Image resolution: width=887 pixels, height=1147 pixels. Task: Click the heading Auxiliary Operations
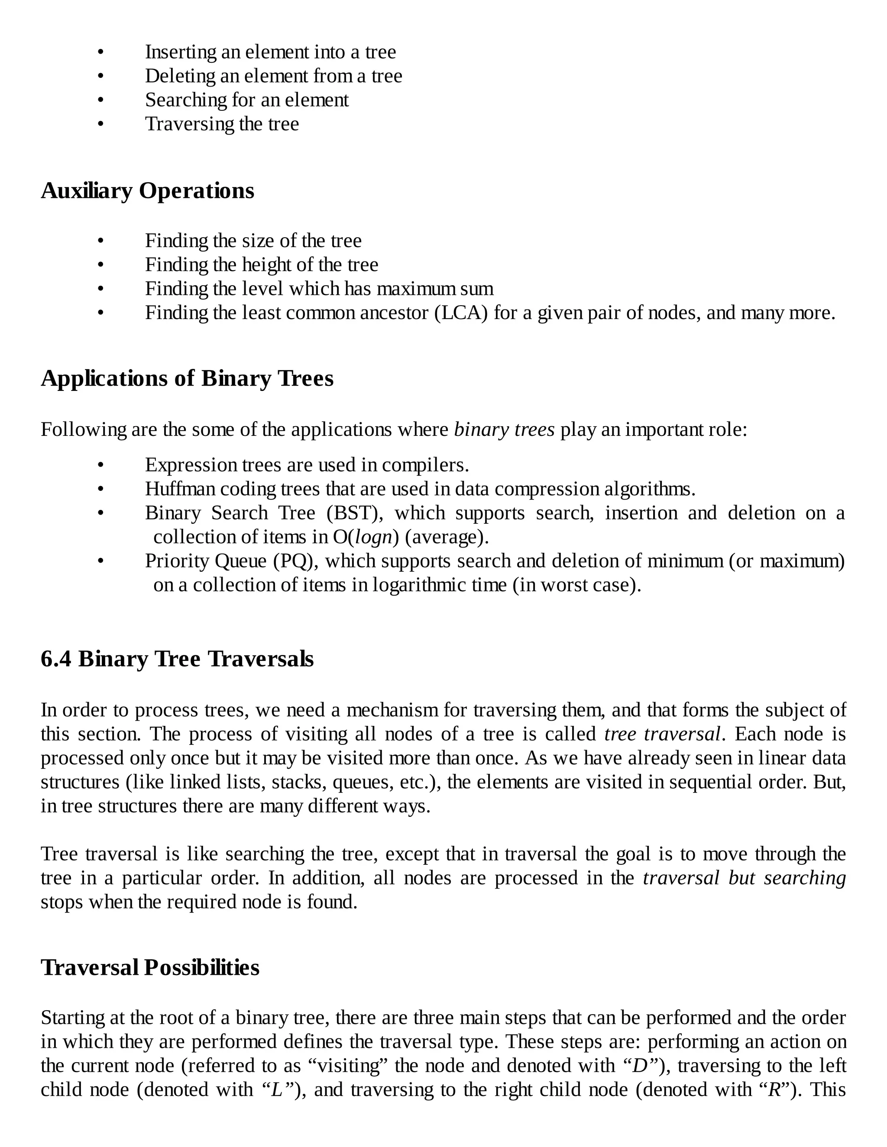click(147, 190)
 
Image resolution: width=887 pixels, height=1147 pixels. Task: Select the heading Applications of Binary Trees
click(187, 379)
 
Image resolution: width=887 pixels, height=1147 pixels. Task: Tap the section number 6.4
click(56, 659)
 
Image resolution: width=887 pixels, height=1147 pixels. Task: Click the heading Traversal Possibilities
click(150, 967)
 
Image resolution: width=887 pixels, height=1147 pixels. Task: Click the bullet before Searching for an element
click(101, 100)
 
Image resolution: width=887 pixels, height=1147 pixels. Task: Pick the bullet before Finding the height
click(101, 265)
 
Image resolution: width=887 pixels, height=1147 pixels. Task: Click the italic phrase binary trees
click(504, 430)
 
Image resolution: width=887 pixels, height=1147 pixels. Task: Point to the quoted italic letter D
click(640, 1066)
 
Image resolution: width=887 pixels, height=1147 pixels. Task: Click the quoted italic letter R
click(774, 1090)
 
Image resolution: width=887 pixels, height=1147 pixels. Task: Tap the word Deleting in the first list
click(180, 76)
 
